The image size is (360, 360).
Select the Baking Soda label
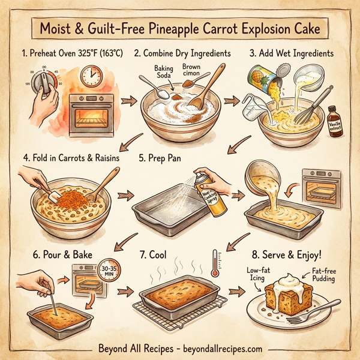(x=163, y=72)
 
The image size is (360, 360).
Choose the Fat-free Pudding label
(x=323, y=276)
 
